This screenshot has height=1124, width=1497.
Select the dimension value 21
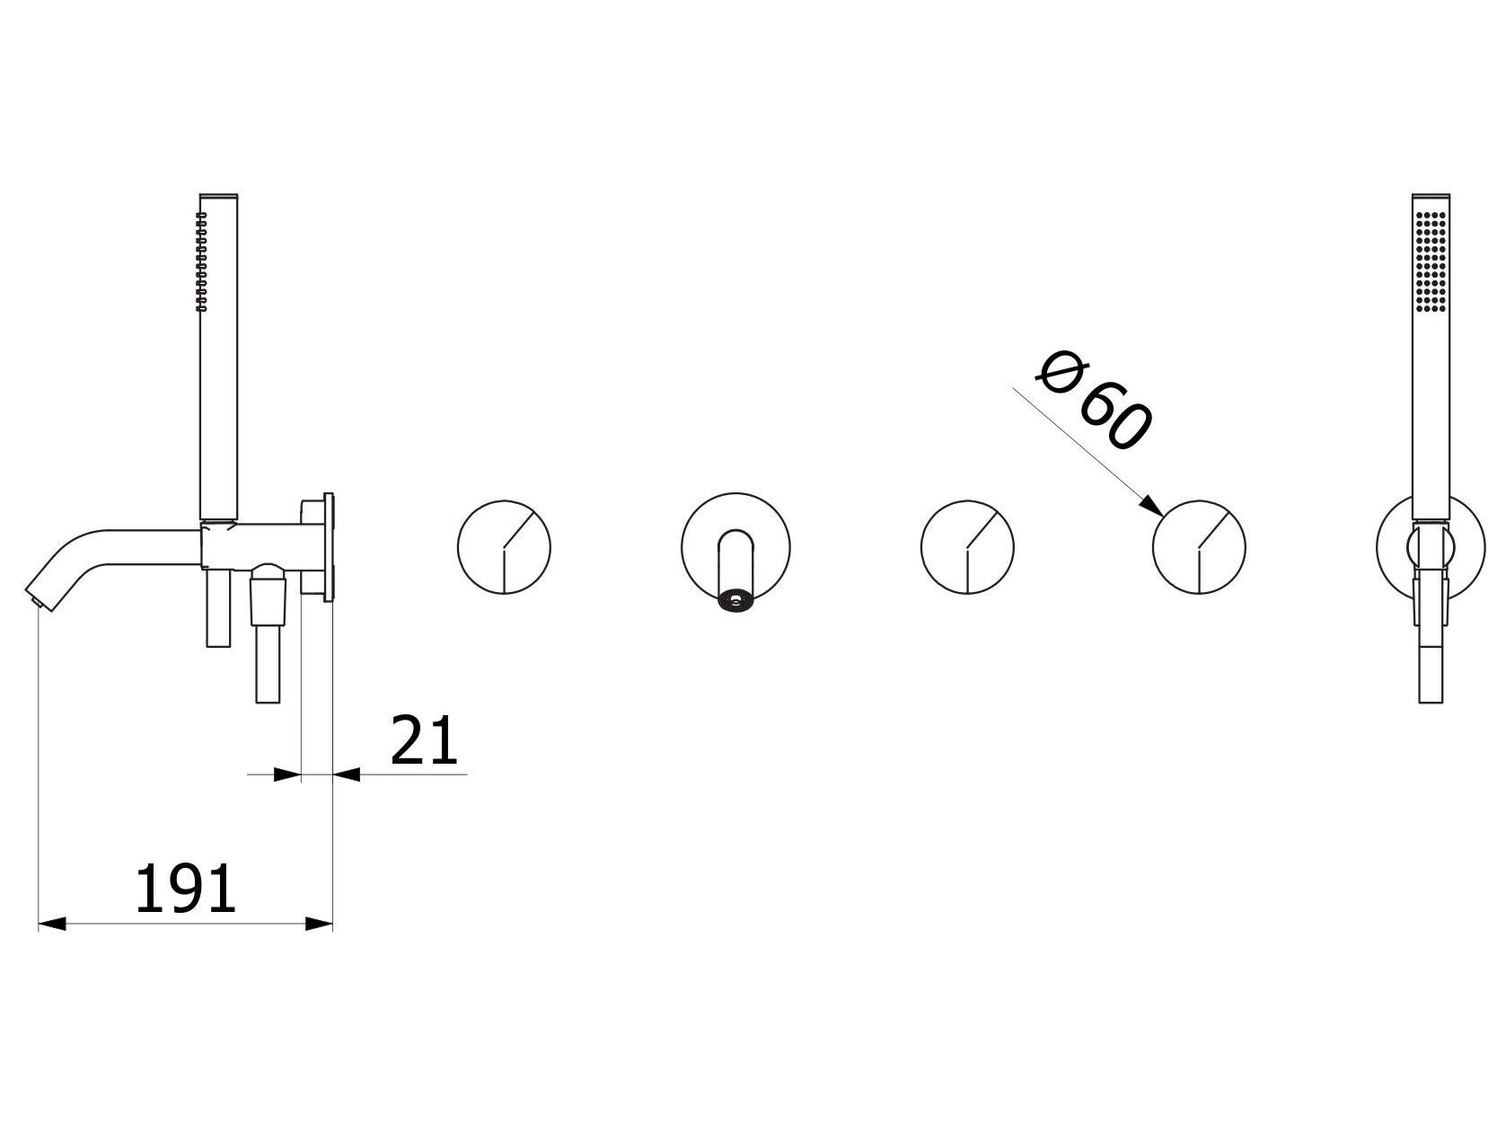[424, 740]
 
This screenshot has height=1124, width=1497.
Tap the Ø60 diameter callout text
[1094, 401]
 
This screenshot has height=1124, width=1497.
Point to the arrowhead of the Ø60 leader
[1151, 505]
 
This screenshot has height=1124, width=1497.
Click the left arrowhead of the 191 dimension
[52, 925]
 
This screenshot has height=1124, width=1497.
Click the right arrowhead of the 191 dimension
[319, 925]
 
